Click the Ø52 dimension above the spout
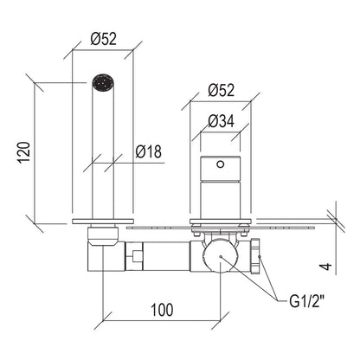tap(104, 39)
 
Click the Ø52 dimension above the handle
tap(222, 90)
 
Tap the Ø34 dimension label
tap(222, 121)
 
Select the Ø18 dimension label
tap(149, 151)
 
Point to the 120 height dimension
tap(24, 152)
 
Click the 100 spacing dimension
tap(162, 310)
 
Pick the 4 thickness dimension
tap(326, 267)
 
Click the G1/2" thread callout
tap(307, 302)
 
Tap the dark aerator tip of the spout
tap(103, 83)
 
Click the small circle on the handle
tap(221, 164)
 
